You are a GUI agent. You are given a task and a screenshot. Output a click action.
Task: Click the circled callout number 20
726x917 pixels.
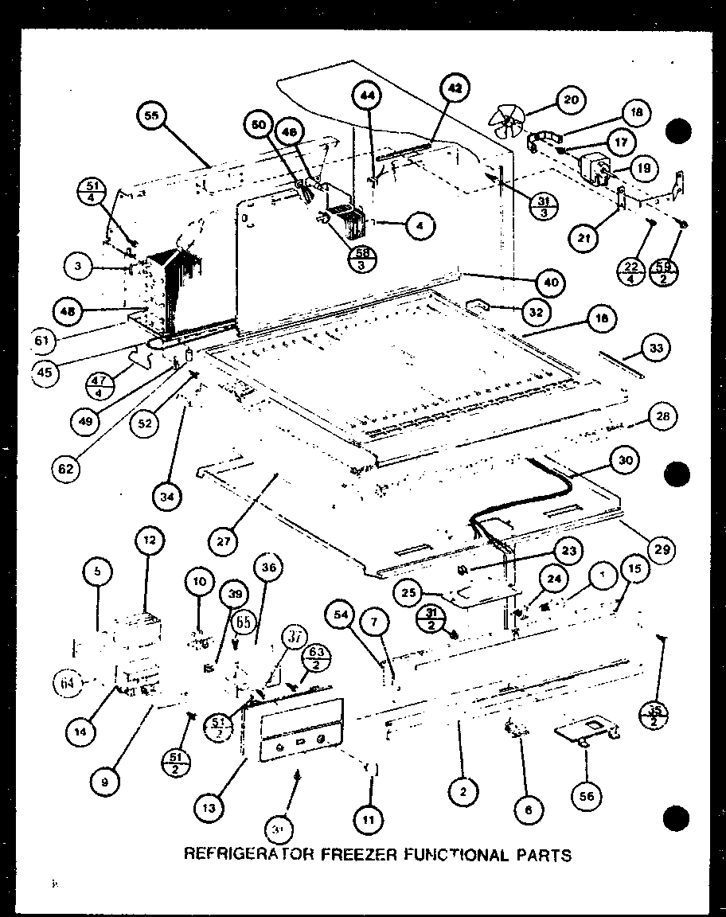pos(571,100)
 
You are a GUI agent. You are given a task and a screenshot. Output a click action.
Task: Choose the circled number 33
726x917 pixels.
pos(656,347)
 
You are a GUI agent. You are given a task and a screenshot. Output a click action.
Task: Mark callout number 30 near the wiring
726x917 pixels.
pos(626,459)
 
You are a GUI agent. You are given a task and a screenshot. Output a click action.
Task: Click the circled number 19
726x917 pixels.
pos(643,169)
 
